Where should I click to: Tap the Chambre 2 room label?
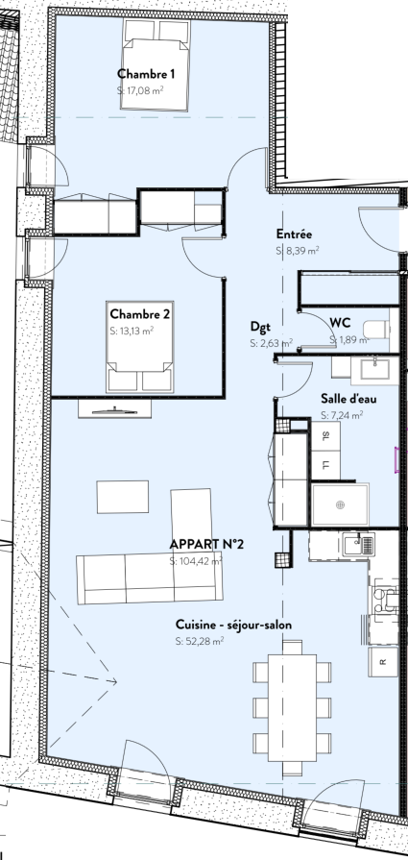coord(139,314)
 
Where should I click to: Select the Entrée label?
coord(294,234)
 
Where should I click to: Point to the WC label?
coord(340,323)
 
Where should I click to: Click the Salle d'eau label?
coord(348,399)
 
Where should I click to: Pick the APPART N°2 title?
coord(206,544)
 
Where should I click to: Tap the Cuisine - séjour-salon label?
coord(234,625)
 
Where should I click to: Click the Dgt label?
coord(261,327)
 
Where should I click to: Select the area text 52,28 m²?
coord(200,641)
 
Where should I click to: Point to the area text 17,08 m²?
coord(141,90)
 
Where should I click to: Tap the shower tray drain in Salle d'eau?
coord(341,504)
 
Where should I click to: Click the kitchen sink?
coord(359,545)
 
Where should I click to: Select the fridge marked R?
coord(383,662)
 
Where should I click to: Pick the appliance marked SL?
coord(325,436)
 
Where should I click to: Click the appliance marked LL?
coord(325,465)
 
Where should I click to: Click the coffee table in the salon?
coord(123,497)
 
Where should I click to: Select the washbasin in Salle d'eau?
coord(374,369)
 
